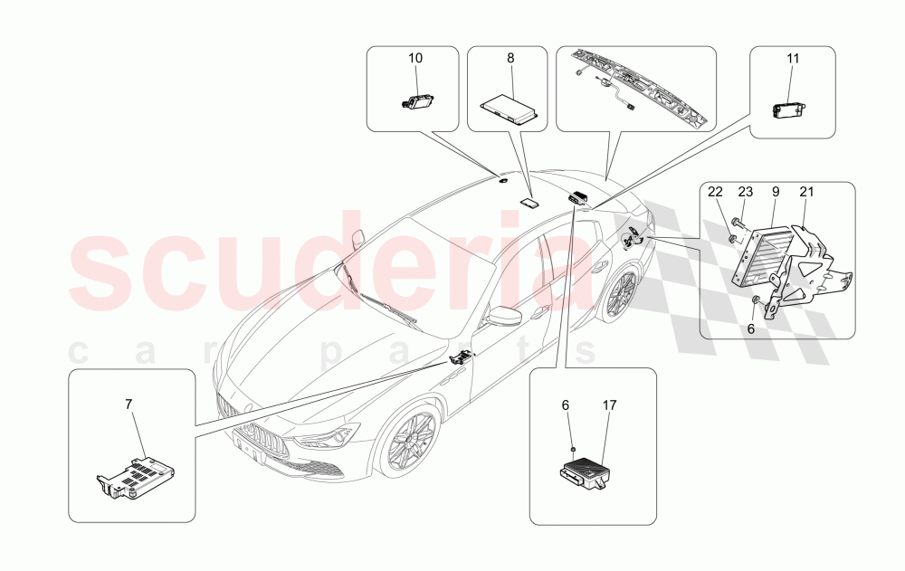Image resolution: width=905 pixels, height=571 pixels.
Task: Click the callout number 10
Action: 415,58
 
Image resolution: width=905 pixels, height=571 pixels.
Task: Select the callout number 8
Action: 510,58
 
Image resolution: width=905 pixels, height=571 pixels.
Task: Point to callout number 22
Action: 715,192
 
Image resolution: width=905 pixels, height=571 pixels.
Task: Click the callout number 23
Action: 745,192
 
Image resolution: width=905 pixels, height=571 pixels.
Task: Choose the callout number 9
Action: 776,192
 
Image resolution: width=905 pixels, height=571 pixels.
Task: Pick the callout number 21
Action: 806,192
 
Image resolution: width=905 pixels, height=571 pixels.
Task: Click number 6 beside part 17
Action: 566,407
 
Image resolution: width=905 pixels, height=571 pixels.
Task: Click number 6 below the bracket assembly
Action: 749,330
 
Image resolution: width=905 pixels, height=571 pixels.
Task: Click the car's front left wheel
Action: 407,441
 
